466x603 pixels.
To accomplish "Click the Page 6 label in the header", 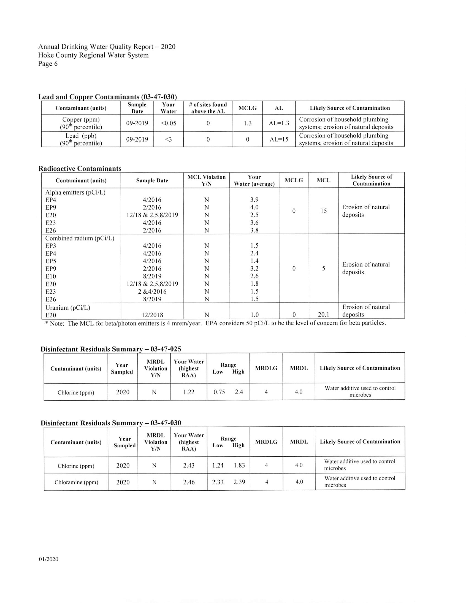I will pos(48,64).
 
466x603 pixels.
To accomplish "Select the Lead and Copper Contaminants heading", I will pos(107,97).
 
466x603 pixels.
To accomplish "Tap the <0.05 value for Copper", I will pos(168,123).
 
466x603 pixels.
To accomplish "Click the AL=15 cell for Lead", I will pos(279,139).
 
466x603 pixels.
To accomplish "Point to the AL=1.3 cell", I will pos(279,123).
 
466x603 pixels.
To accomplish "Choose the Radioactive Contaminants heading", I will pos(80,168).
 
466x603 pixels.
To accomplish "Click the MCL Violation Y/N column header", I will pos(207,180).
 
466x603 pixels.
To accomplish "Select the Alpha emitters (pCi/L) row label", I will pos(75,193).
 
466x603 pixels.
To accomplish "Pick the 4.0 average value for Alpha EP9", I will pos(254,207).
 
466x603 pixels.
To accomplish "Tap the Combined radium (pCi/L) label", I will pos(80,238).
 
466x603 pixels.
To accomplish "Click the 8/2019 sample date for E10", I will pos(152,276).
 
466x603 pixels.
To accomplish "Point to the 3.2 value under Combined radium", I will pos(254,269).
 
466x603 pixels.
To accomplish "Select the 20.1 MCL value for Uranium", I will pos(323,315).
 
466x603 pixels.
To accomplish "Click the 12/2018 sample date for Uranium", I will pos(152,315).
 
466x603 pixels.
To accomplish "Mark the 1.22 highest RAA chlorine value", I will pos(189,392).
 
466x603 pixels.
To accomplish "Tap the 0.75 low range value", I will pos(219,392).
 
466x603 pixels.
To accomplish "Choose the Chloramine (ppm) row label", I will pos(76,482).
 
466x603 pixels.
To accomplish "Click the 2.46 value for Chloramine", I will pos(189,482).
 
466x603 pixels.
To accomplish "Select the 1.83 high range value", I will pos(239,466).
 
